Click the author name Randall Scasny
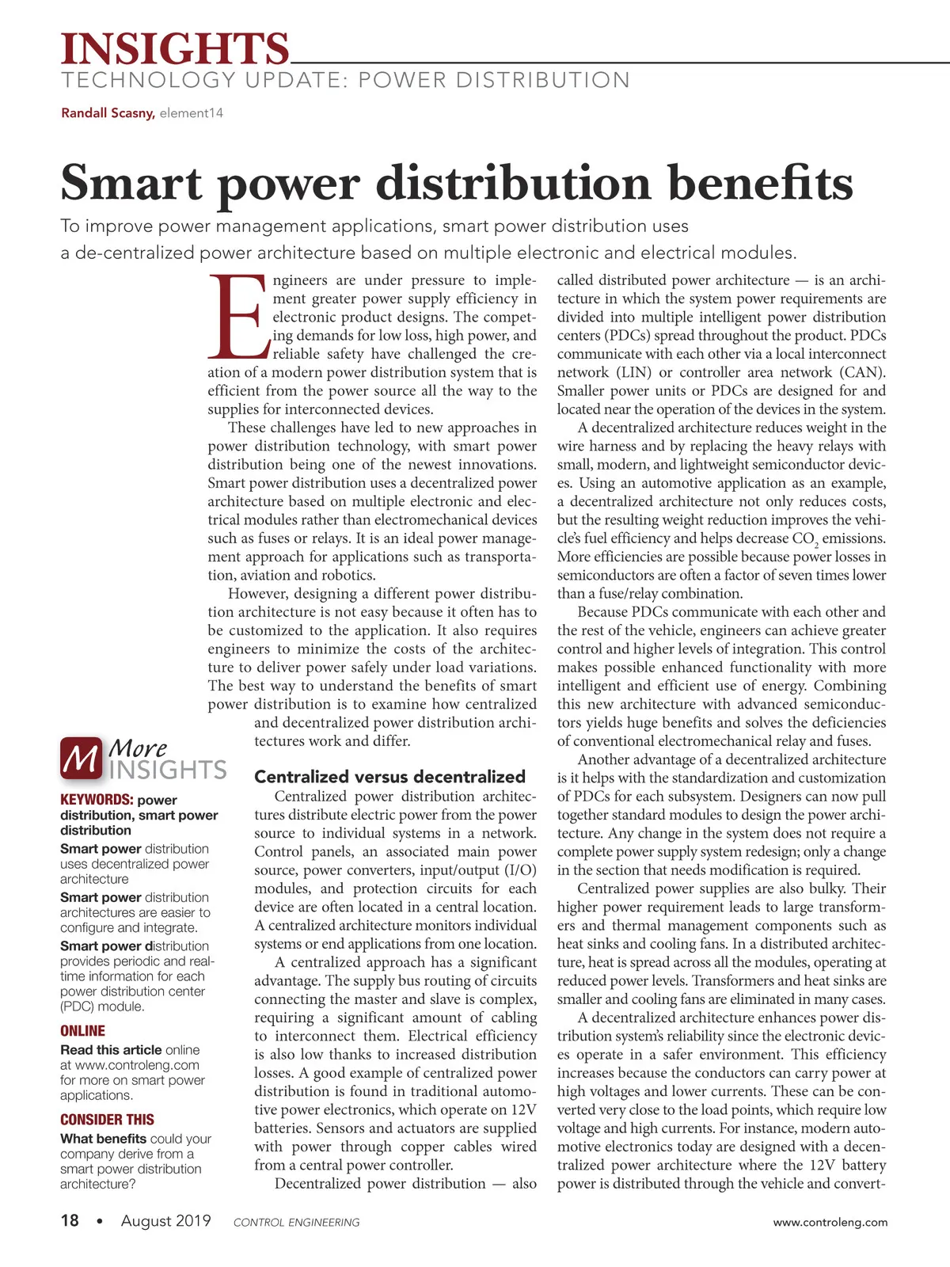pos(108,113)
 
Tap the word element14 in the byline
pos(192,113)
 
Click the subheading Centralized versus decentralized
pos(389,777)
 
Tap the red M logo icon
pos(81,758)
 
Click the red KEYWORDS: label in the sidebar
pos(96,800)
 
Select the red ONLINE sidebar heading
pos(82,1031)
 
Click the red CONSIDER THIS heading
pos(107,1120)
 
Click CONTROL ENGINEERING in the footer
pos(296,1223)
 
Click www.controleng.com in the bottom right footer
pos(830,1223)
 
